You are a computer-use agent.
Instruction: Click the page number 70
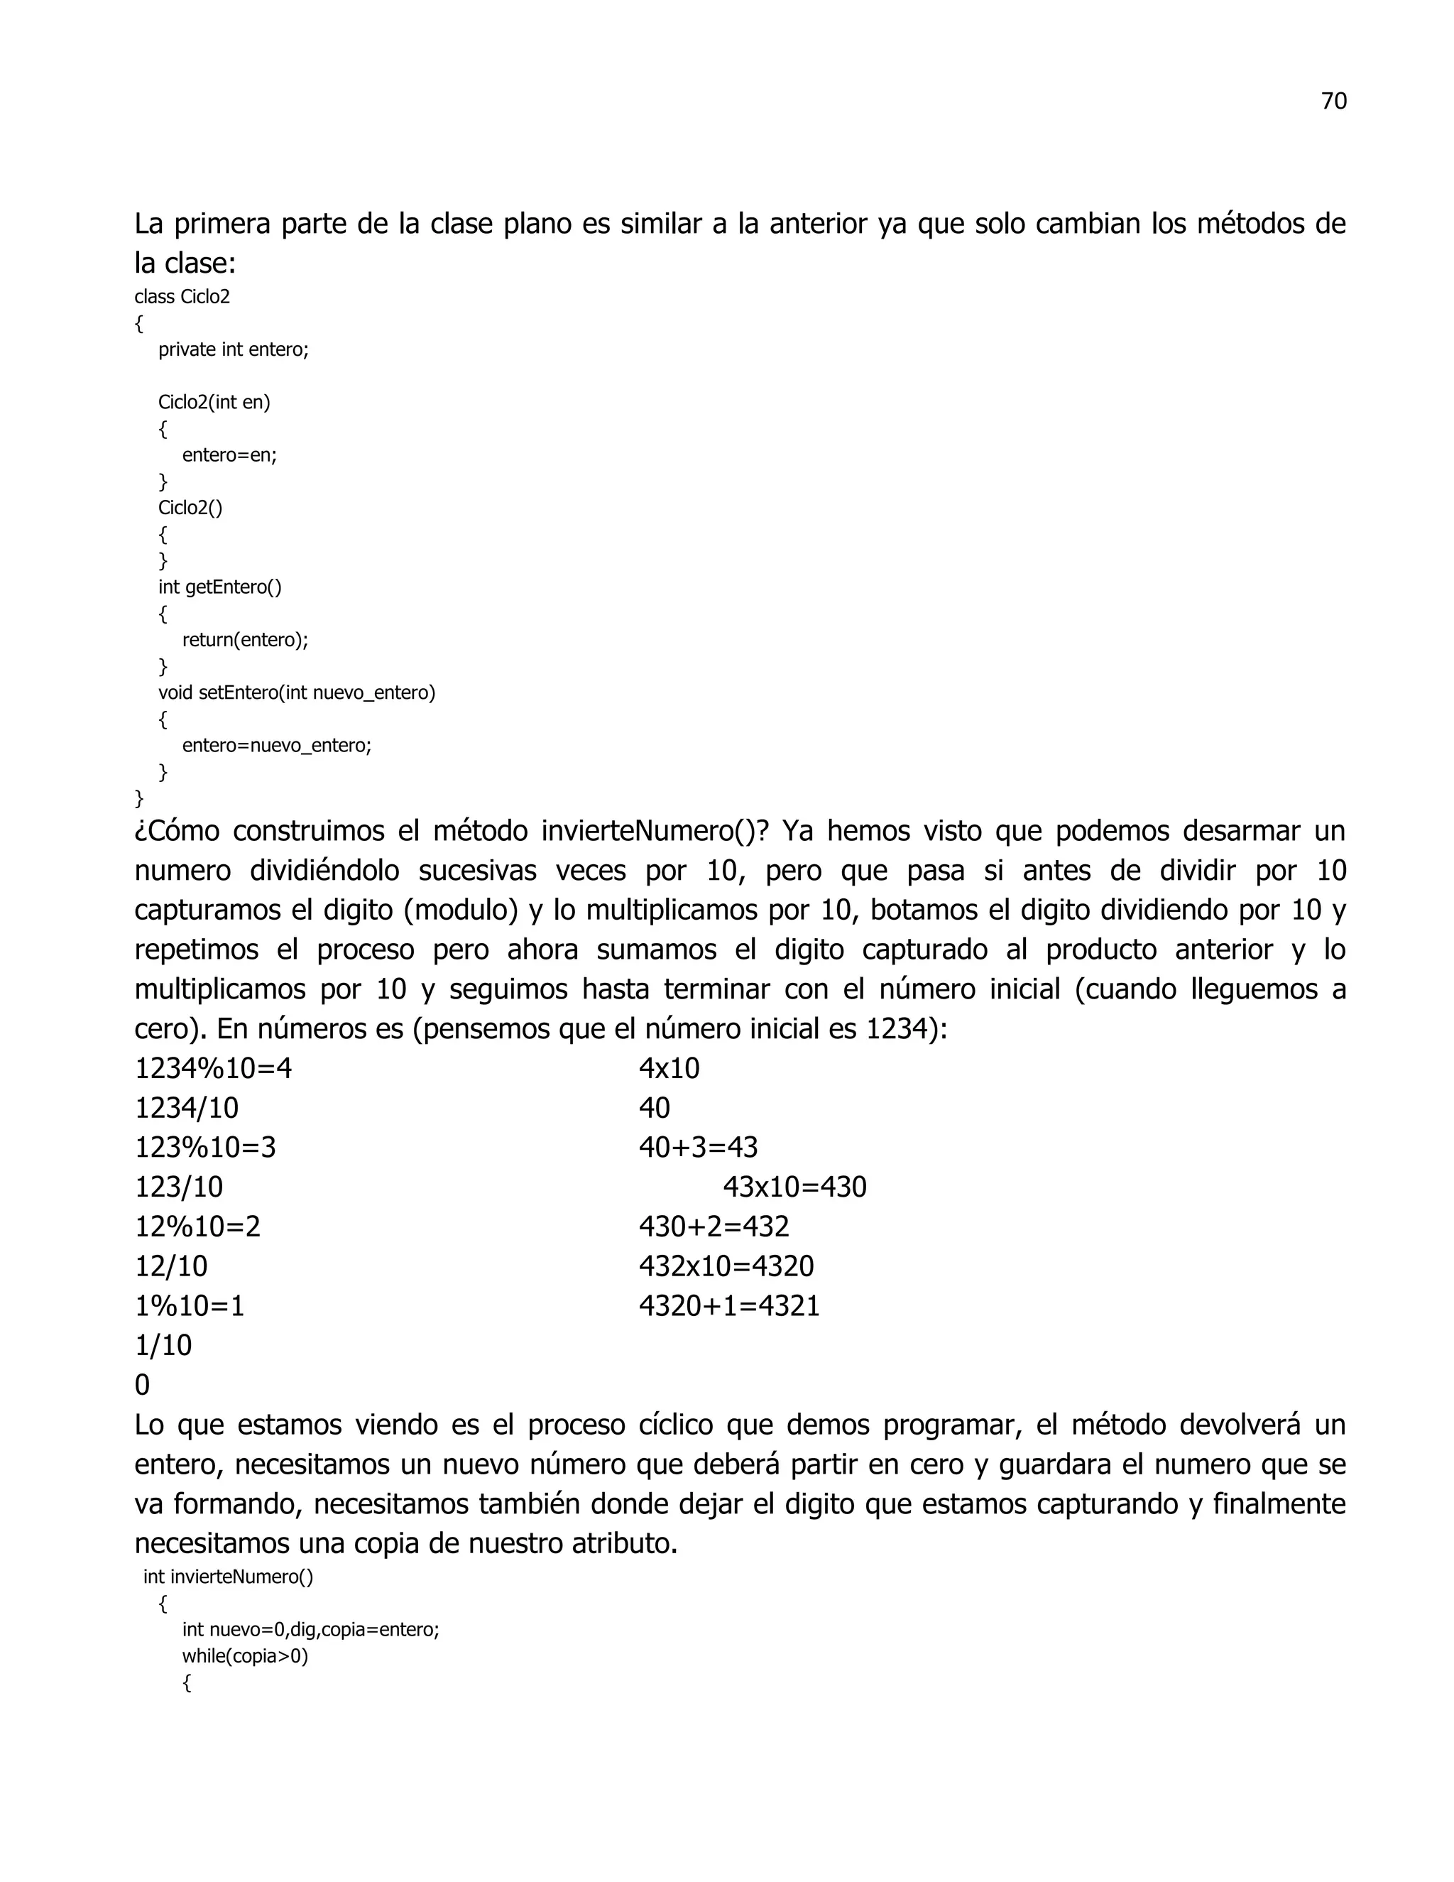click(1333, 102)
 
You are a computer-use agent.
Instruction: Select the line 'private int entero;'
click(233, 350)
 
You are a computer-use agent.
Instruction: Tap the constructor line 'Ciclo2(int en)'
click(214, 403)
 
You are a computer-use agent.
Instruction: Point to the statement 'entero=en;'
click(229, 455)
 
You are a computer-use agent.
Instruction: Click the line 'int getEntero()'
click(219, 587)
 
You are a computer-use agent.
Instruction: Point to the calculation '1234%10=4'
click(213, 1070)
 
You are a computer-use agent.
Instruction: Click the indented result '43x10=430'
click(794, 1187)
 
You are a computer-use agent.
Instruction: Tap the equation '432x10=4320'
click(726, 1267)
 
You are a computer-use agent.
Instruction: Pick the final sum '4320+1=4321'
click(728, 1306)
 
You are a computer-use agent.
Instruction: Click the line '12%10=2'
click(197, 1227)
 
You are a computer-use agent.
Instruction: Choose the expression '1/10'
click(163, 1346)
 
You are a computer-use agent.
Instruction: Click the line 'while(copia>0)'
click(245, 1656)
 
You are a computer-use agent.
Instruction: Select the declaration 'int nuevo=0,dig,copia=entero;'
click(310, 1629)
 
